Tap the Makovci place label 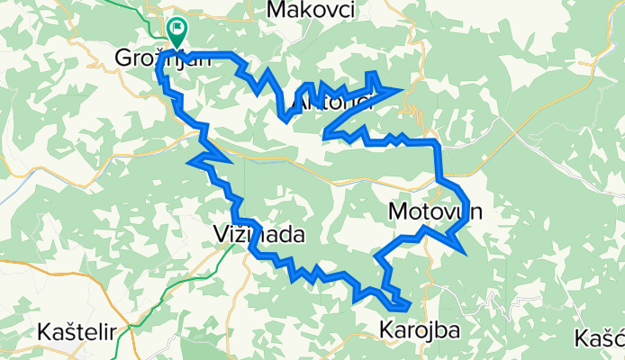(312, 10)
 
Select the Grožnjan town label (162, 58)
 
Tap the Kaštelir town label (77, 331)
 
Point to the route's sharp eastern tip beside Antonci (399, 89)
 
